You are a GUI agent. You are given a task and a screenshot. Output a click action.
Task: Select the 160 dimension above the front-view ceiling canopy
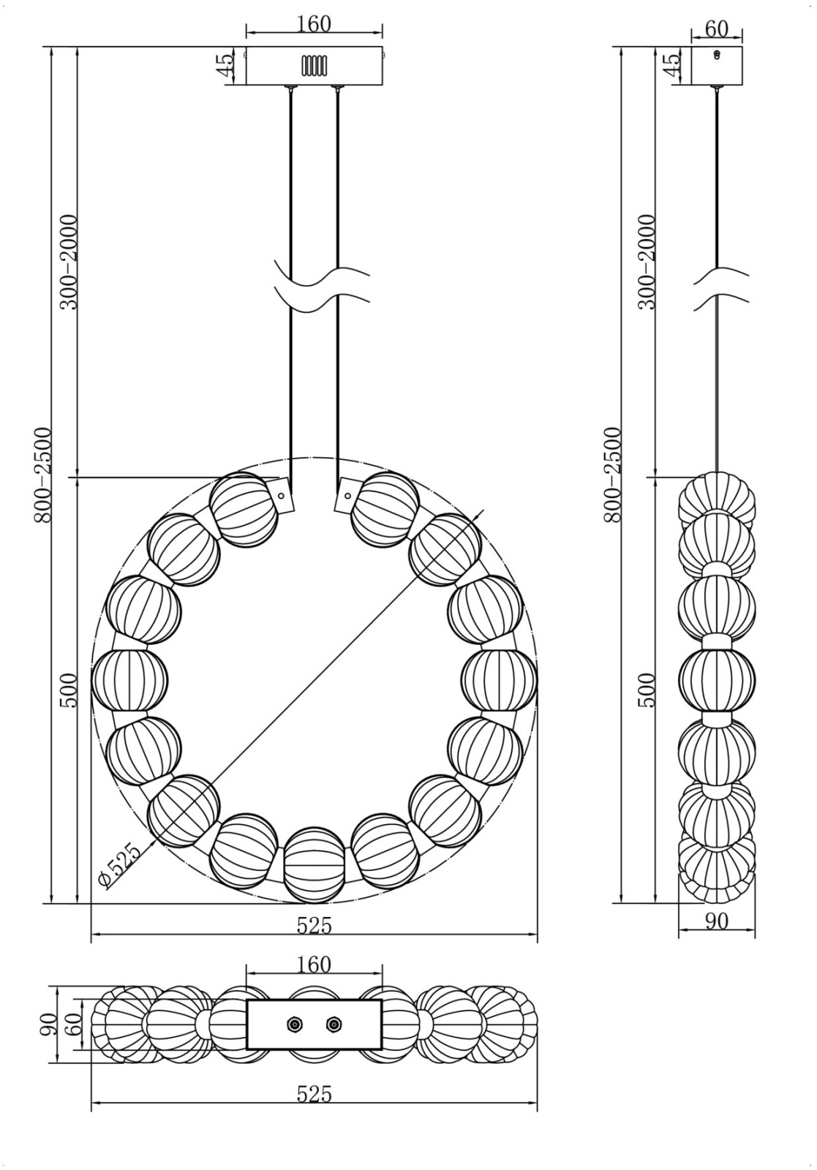(x=314, y=24)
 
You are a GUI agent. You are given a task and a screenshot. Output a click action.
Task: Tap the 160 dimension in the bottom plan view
(x=314, y=965)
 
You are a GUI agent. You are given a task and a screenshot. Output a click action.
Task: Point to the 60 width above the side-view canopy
(x=716, y=29)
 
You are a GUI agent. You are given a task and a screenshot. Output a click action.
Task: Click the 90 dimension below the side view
(x=717, y=921)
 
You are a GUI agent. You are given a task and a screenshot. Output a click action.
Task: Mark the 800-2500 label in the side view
(x=612, y=475)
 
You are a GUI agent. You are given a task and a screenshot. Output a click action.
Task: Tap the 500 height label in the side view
(x=647, y=690)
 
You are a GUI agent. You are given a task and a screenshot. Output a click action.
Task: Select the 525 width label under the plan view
(x=314, y=1094)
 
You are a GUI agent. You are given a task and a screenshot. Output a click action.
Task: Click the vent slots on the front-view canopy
(x=314, y=66)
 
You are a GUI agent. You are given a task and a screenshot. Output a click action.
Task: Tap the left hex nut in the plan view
(x=294, y=1024)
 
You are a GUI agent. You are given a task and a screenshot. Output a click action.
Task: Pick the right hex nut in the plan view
(x=334, y=1024)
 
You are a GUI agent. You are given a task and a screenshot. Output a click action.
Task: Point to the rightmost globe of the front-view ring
(x=500, y=680)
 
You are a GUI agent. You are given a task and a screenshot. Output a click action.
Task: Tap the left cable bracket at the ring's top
(x=281, y=494)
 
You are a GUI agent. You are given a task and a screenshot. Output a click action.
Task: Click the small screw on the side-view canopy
(x=718, y=54)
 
